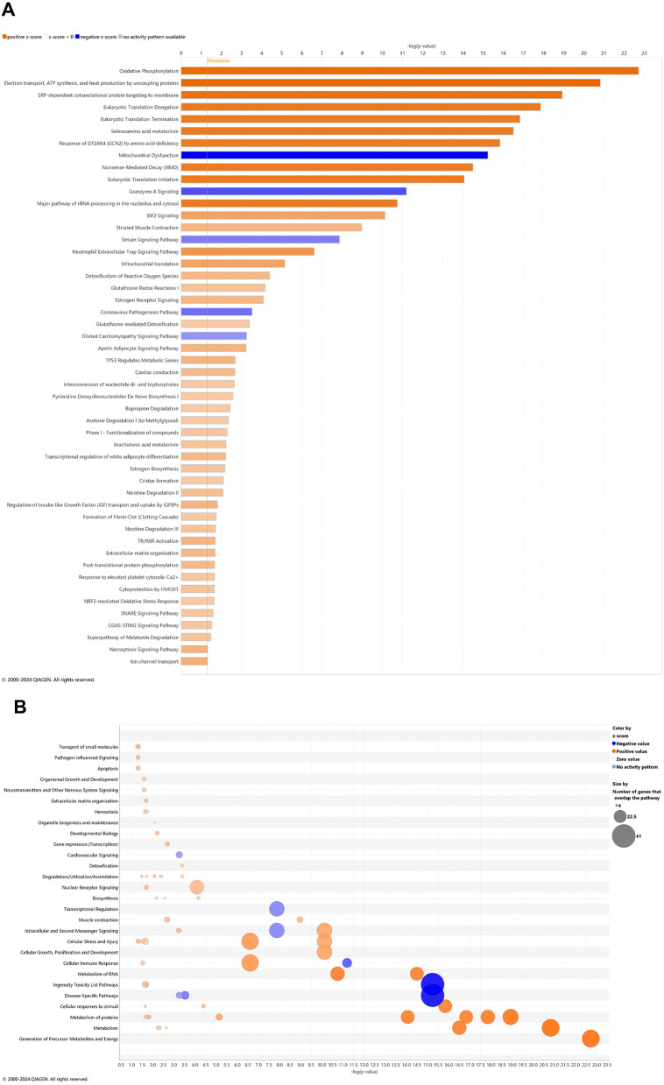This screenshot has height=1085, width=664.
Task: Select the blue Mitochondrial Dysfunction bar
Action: (x=334, y=155)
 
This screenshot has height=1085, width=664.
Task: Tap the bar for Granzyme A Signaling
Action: (x=293, y=191)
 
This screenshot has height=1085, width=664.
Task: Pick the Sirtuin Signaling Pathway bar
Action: (x=260, y=239)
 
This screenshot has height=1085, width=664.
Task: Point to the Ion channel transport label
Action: (x=155, y=661)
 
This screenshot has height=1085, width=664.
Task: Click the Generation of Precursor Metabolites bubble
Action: (x=590, y=1039)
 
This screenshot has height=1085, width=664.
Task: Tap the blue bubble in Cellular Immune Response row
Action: (x=347, y=963)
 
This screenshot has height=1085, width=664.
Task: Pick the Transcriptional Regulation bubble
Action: (x=277, y=909)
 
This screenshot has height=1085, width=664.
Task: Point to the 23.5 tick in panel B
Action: (x=607, y=1064)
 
